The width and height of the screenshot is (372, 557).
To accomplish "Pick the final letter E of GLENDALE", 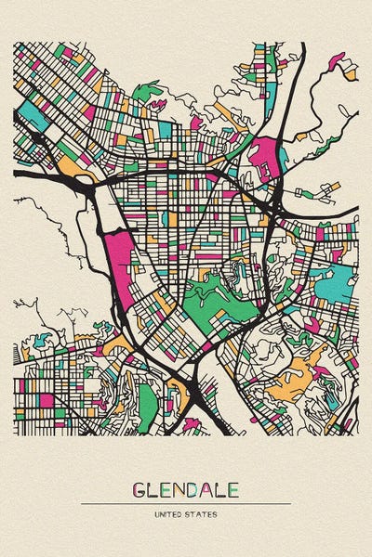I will coord(232,489).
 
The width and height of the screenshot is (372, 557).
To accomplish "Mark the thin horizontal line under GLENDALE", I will coord(186,503).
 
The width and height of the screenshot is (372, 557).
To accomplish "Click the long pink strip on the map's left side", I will coord(122,260).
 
